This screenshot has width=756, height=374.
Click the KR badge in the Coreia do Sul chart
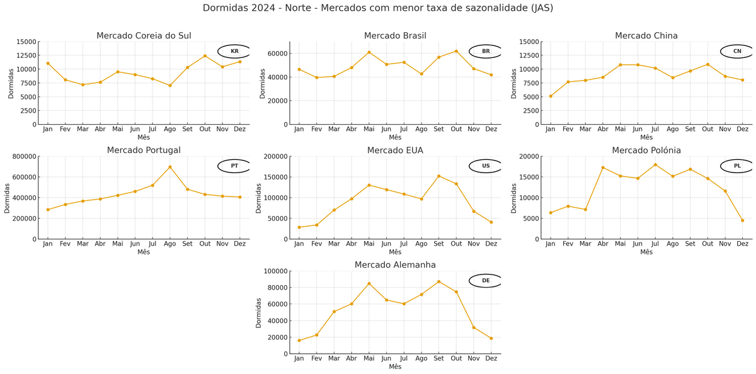[x=234, y=51]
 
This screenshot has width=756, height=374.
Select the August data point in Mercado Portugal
[x=170, y=167]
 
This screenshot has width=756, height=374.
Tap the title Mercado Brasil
[x=395, y=36]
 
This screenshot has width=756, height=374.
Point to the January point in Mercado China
[x=551, y=96]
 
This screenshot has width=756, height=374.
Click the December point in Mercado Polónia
[x=743, y=220]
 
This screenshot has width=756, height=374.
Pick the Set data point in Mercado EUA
[x=439, y=176]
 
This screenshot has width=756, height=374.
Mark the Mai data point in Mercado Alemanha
[x=369, y=283]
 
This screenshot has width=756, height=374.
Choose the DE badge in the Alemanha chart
[x=486, y=281]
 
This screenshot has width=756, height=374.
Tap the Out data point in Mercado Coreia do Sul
[x=205, y=56]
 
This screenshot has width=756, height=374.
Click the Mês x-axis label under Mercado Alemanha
[x=395, y=366]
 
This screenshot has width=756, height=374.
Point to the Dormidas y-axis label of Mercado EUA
[x=259, y=198]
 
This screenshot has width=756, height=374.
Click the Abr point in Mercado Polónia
[x=603, y=167]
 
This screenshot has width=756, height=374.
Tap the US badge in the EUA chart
[x=486, y=166]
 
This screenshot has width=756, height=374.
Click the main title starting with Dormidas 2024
[x=378, y=8]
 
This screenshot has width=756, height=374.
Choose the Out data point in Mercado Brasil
[x=456, y=51]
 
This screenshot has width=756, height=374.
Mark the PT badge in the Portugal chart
[x=234, y=166]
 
